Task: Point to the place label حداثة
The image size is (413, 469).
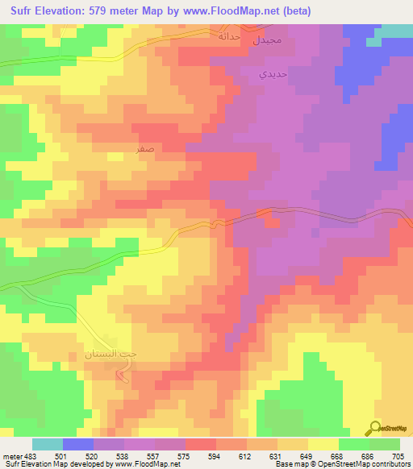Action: tap(230, 35)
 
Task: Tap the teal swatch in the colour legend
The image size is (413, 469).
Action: tap(47, 444)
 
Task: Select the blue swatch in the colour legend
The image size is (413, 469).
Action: tap(77, 444)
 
